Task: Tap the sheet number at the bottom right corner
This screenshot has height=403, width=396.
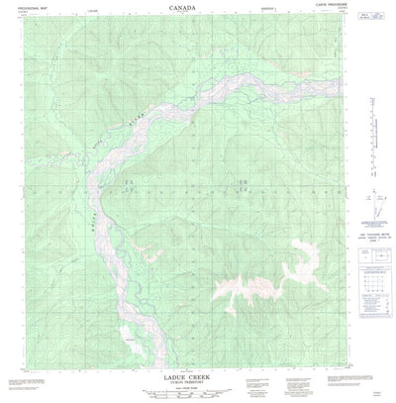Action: point(377,392)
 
